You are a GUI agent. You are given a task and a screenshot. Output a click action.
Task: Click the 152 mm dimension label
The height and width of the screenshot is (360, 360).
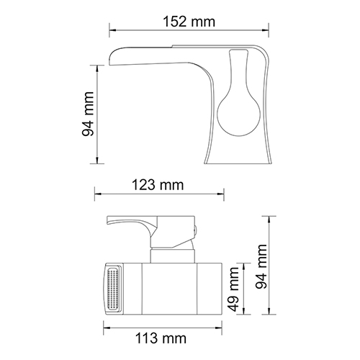189,22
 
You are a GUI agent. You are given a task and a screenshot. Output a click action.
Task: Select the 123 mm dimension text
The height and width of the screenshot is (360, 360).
158,185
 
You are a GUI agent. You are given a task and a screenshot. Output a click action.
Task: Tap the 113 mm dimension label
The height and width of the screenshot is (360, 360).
161,338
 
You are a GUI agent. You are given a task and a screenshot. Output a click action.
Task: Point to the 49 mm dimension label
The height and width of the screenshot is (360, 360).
233,289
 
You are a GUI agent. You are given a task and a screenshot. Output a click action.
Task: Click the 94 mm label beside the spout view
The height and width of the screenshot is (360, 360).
88,114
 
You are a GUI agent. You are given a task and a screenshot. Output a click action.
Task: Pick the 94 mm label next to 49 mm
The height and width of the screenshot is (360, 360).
261,266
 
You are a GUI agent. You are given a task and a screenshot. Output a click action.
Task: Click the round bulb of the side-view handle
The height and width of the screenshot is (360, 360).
238,114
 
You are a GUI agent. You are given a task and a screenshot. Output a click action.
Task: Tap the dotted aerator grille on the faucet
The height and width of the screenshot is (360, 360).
113,289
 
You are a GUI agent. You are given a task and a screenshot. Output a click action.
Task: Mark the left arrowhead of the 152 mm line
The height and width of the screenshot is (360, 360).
113,30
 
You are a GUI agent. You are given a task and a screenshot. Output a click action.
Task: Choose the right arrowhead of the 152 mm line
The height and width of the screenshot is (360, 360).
265,30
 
